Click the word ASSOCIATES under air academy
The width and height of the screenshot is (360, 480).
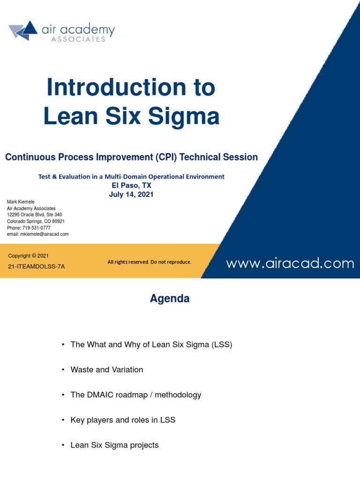78,39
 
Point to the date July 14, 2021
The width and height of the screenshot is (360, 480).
131,194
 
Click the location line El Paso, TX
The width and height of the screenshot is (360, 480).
131,185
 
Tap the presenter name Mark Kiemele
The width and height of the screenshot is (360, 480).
21,202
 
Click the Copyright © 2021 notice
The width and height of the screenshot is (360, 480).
28,256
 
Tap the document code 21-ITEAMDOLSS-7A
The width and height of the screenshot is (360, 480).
37,266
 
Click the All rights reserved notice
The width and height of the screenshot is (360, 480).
149,262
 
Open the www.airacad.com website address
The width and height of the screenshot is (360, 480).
290,263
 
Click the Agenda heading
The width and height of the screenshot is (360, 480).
170,299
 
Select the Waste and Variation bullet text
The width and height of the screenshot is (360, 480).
106,370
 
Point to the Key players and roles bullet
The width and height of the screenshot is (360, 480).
123,420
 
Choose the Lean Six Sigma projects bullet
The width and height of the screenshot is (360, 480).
114,445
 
